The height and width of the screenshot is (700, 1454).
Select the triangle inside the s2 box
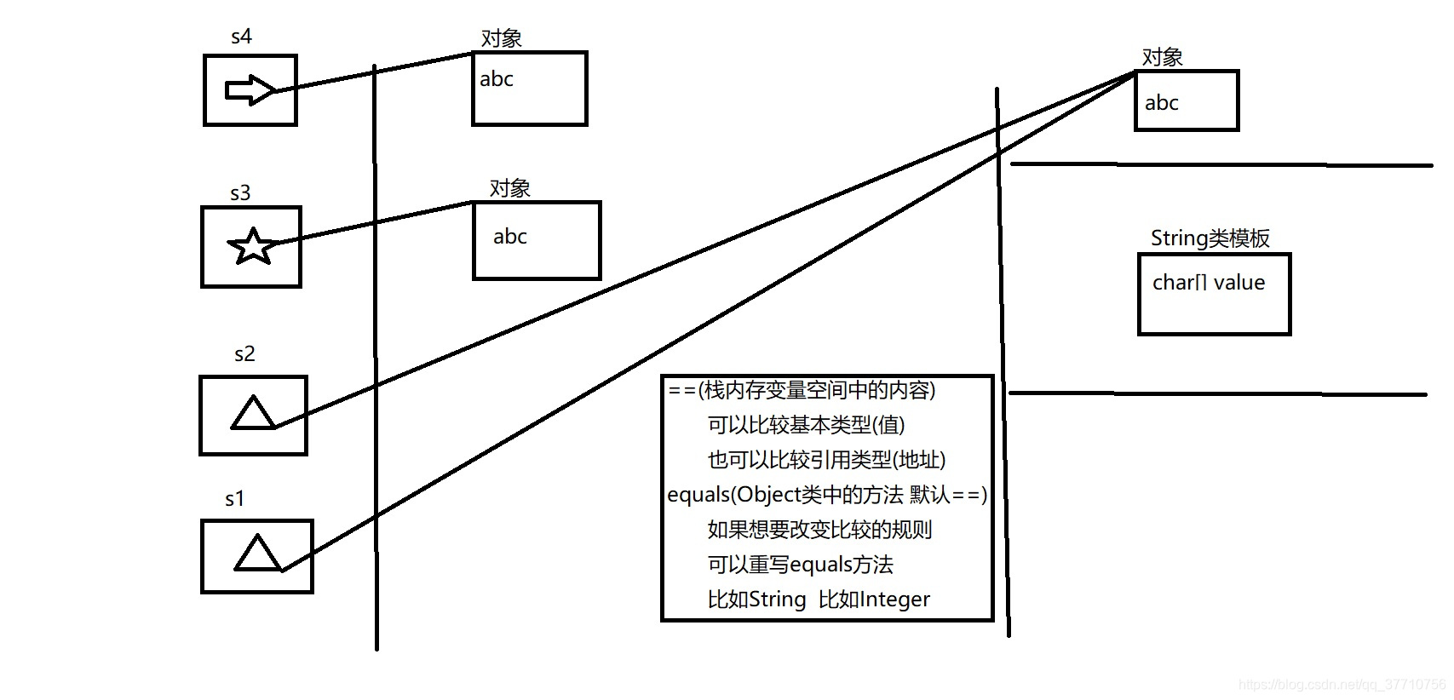click(x=253, y=414)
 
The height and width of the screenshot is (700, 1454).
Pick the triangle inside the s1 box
click(x=257, y=554)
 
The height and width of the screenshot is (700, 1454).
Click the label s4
click(x=241, y=37)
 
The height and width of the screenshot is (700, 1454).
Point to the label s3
click(x=240, y=193)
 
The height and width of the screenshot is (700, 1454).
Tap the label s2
click(x=244, y=354)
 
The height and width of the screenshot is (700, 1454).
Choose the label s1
click(x=234, y=499)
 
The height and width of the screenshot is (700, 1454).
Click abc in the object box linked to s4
click(x=497, y=79)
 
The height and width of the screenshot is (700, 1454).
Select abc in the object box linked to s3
click(x=510, y=237)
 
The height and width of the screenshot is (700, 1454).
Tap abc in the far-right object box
click(x=1162, y=103)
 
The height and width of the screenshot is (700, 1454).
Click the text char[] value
click(x=1208, y=283)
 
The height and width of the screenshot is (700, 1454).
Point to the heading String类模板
click(x=1210, y=238)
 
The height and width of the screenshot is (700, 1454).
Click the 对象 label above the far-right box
click(x=1162, y=57)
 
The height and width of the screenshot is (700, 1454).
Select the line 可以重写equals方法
click(x=800, y=565)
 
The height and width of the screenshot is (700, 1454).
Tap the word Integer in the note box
click(x=895, y=600)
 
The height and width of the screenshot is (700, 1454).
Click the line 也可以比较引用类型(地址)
click(x=826, y=460)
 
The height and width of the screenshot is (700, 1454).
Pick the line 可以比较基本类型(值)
click(x=806, y=425)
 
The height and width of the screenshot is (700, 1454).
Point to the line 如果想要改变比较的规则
click(x=819, y=530)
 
